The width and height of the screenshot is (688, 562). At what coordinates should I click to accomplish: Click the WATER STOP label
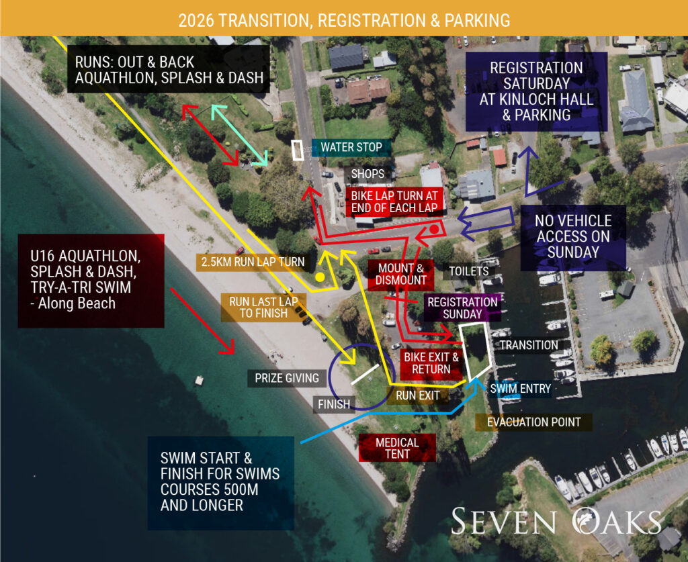[x=351, y=147]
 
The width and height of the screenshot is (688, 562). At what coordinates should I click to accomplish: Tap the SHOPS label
[x=368, y=174]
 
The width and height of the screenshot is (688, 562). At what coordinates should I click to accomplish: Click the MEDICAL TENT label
[x=397, y=448]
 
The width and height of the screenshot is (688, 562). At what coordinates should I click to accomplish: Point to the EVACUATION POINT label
[x=534, y=422]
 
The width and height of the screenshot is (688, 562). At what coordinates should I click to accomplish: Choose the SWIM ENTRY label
[x=521, y=388]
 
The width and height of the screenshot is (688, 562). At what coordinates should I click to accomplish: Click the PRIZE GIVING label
[x=287, y=378]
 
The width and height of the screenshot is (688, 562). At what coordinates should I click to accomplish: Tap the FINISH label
[x=334, y=404]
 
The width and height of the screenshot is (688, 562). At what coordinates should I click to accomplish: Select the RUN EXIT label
[x=418, y=395]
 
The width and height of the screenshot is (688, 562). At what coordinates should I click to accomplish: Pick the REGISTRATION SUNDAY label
[x=462, y=308]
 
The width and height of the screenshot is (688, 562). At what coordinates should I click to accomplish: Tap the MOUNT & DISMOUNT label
[x=402, y=274]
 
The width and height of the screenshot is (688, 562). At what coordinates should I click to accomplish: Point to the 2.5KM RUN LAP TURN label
[x=251, y=261]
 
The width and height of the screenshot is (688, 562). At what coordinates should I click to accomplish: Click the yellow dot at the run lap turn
[x=320, y=277]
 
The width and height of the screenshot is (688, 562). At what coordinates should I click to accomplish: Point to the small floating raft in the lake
[x=200, y=381]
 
